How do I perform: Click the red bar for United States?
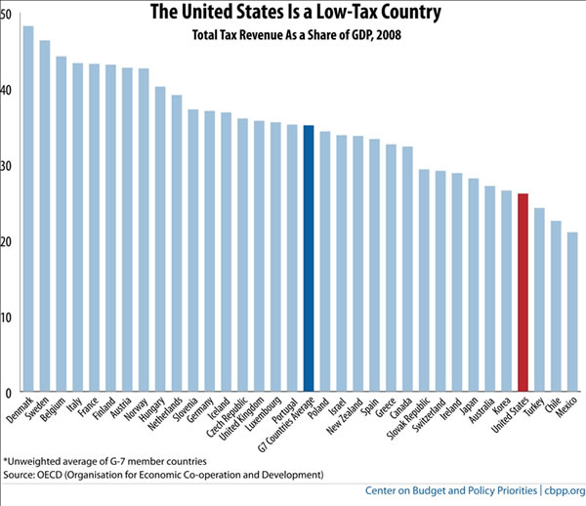(x=523, y=293)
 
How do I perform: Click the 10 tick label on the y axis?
(x=7, y=317)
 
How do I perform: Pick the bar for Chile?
(x=556, y=307)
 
